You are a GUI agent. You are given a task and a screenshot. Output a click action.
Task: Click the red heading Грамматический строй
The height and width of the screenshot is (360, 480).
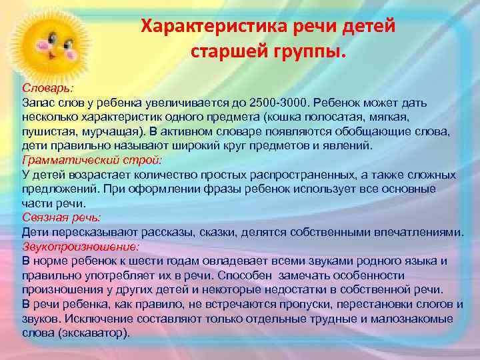pos(92,160)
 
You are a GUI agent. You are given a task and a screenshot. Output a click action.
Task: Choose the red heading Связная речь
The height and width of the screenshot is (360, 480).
pos(61,217)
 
